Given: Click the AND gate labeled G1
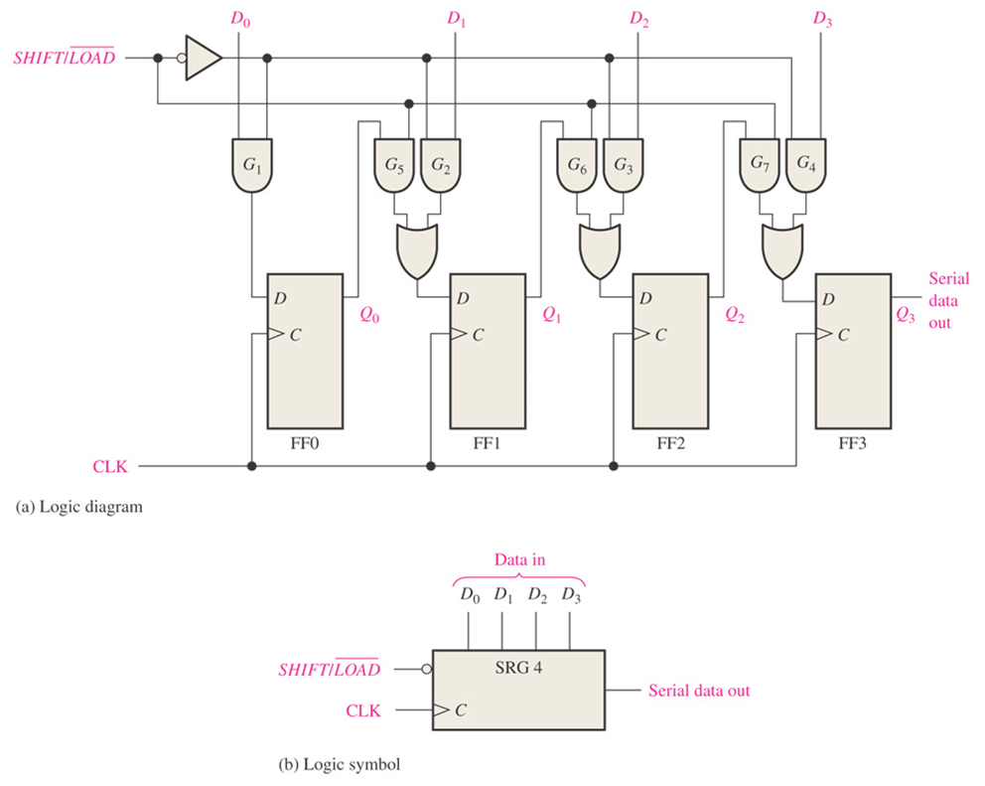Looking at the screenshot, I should pos(251,162).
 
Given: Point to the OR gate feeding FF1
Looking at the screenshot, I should pos(416,250).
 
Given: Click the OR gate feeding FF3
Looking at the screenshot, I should pos(781,250).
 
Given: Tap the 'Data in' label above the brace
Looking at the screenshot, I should pos(519,560).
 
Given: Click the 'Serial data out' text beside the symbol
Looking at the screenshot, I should pos(699,690).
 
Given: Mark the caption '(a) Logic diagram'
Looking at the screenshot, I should pos(80,507).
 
